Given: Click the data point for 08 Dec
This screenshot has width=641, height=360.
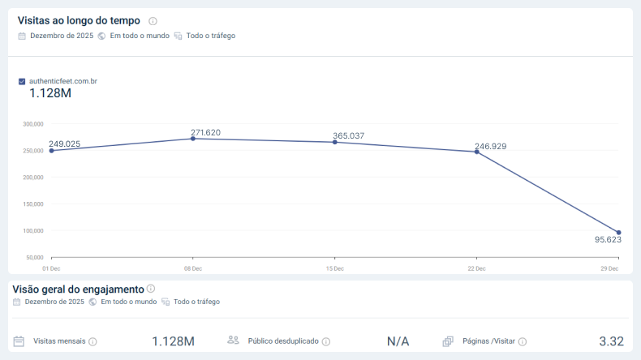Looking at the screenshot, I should pyautogui.click(x=192, y=139).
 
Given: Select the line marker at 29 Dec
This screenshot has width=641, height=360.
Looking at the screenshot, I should pyautogui.click(x=618, y=233).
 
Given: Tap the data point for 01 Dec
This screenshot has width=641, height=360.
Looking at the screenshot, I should pyautogui.click(x=51, y=150).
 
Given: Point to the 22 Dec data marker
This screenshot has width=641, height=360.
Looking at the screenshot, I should pyautogui.click(x=476, y=152).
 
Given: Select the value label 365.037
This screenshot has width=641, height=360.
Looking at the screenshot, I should pyautogui.click(x=349, y=135).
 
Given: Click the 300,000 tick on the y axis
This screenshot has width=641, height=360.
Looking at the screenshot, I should pyautogui.click(x=33, y=124).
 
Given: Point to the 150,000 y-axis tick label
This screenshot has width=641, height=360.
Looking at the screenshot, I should pyautogui.click(x=33, y=204).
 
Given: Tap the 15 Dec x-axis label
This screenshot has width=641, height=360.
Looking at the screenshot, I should pyautogui.click(x=334, y=268).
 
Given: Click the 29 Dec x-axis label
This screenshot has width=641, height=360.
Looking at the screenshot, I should pyautogui.click(x=609, y=268).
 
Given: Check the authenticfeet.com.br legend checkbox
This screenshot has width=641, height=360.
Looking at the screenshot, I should pyautogui.click(x=22, y=81).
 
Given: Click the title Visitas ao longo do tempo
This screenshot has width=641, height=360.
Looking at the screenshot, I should pyautogui.click(x=79, y=20).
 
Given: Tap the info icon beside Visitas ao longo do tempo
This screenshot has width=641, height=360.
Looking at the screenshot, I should pyautogui.click(x=153, y=21).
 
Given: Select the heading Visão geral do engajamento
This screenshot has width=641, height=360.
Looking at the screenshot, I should pyautogui.click(x=78, y=289).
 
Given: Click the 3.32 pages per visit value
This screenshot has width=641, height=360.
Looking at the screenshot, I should pyautogui.click(x=611, y=341).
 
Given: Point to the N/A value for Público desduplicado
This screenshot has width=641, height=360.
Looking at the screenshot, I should pyautogui.click(x=398, y=341).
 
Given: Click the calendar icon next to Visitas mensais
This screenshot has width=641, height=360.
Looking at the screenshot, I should pyautogui.click(x=19, y=341).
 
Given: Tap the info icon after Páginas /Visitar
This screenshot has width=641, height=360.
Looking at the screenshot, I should pyautogui.click(x=523, y=342).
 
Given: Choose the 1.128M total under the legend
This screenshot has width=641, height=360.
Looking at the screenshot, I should pyautogui.click(x=50, y=93).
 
